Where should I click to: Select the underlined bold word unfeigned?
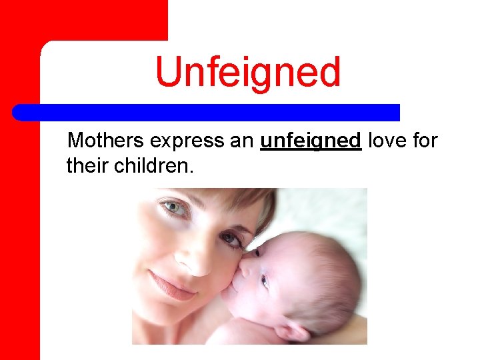pos(311,141)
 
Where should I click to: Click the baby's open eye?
pos(265,281)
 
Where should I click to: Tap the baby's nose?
pos(244,268)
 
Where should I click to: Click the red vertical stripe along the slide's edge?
pos(20,200)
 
